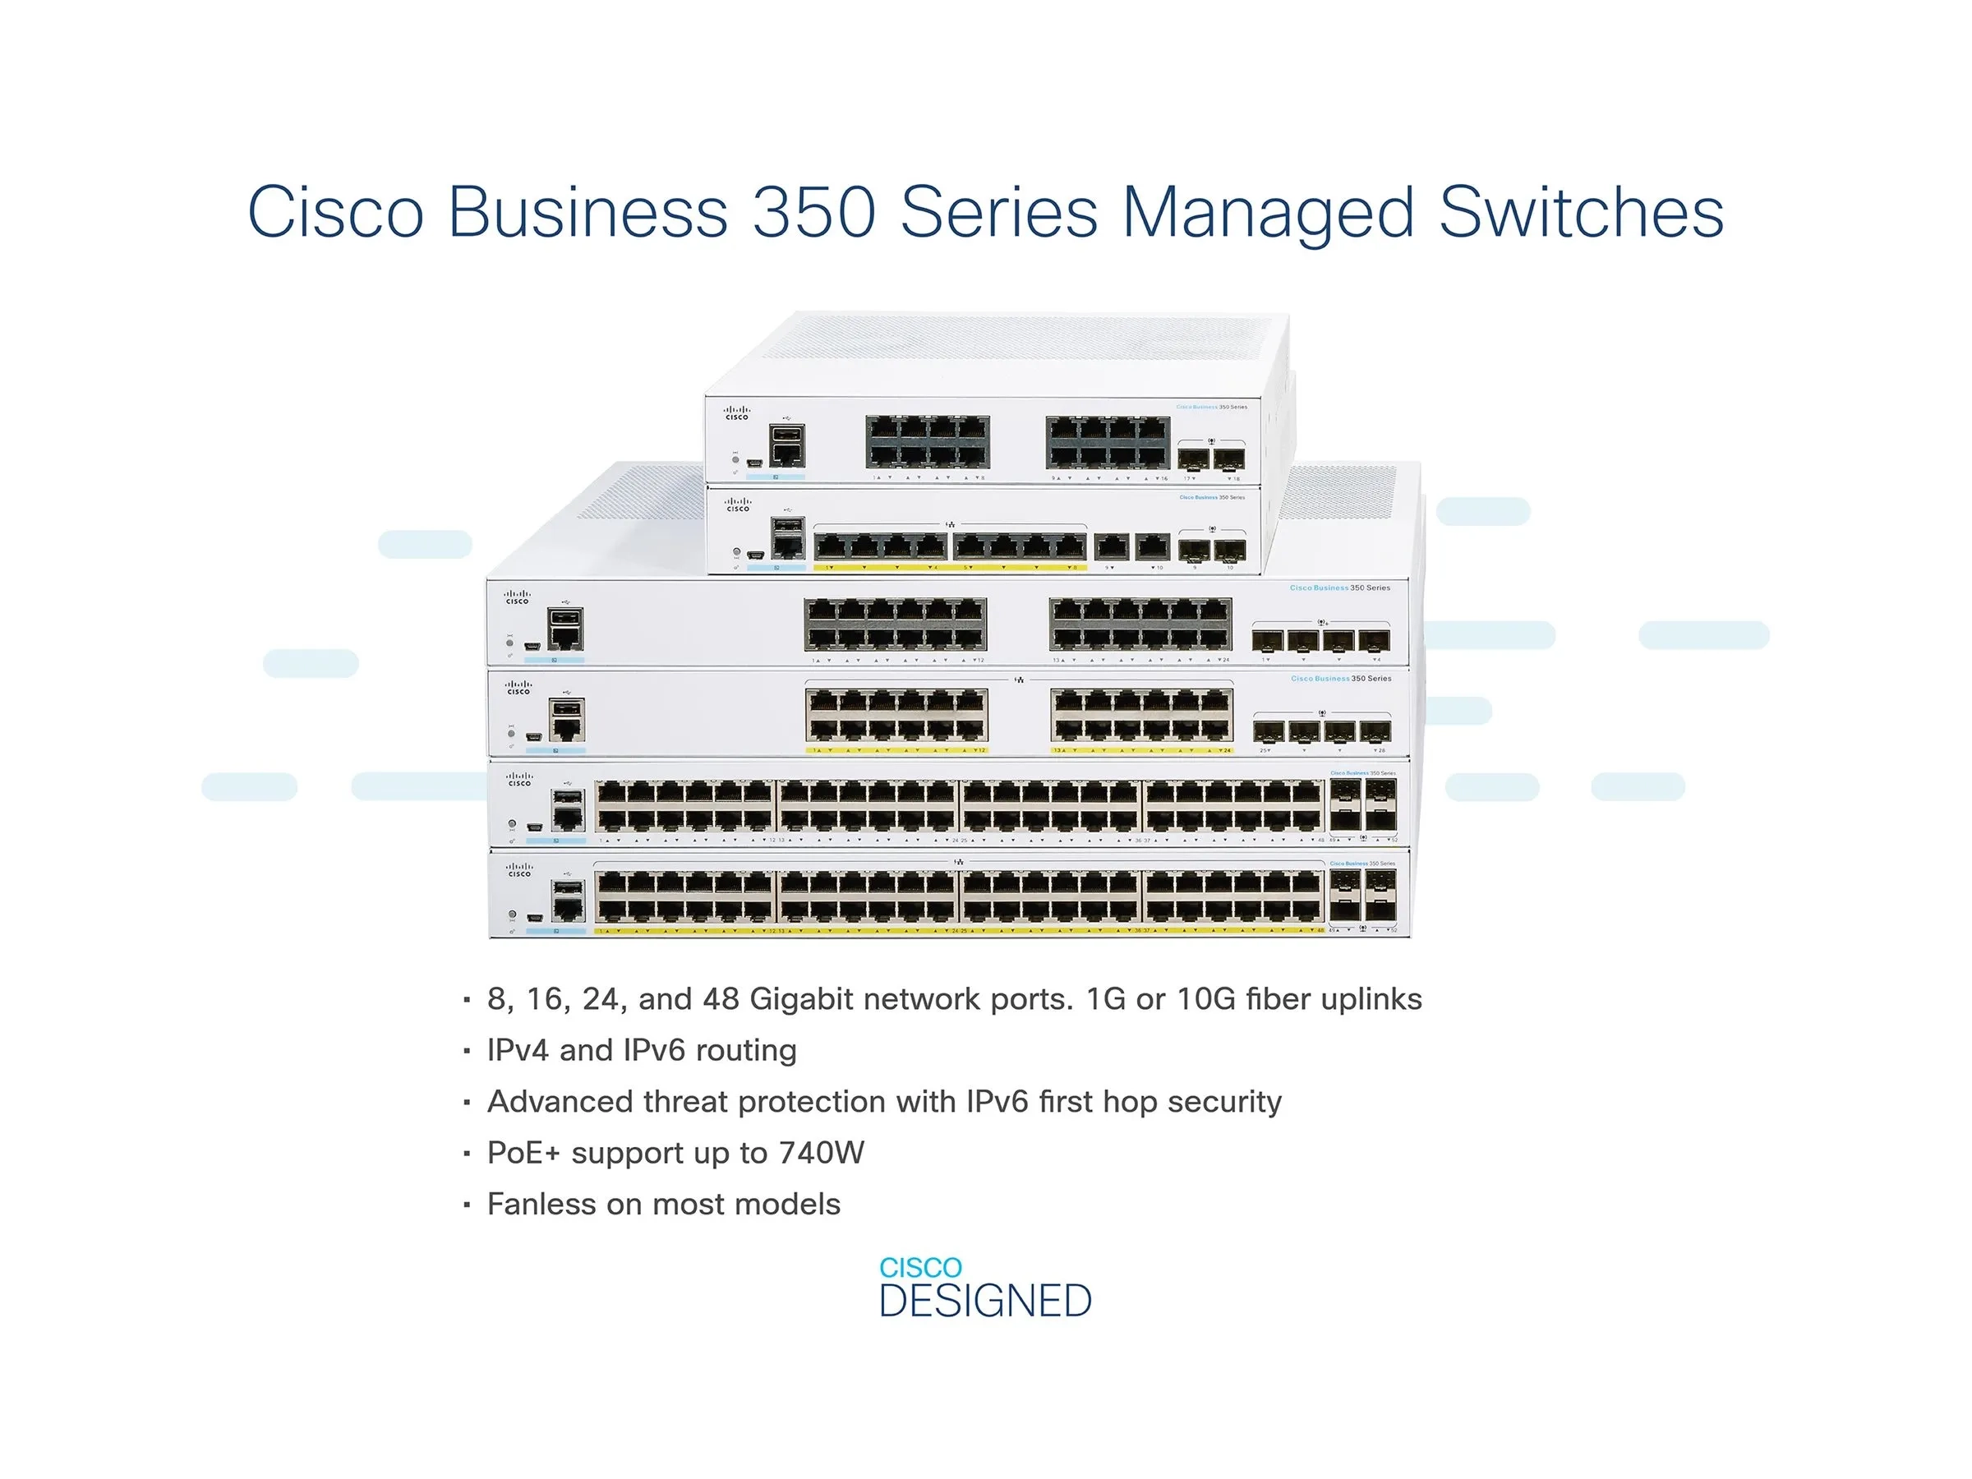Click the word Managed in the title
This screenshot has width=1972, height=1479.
[x=1268, y=214]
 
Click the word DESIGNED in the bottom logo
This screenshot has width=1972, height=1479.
[x=985, y=1301]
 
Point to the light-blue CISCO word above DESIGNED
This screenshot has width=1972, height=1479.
[x=920, y=1267]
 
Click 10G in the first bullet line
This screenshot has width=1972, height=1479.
[x=1205, y=998]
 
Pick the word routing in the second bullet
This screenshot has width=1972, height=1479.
[x=745, y=1050]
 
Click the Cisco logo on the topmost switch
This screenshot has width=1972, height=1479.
[x=736, y=412]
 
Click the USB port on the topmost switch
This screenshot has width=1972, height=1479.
[x=786, y=434]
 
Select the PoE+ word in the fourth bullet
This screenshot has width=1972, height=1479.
[x=523, y=1153]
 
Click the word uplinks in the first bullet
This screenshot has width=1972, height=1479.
[x=1371, y=998]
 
